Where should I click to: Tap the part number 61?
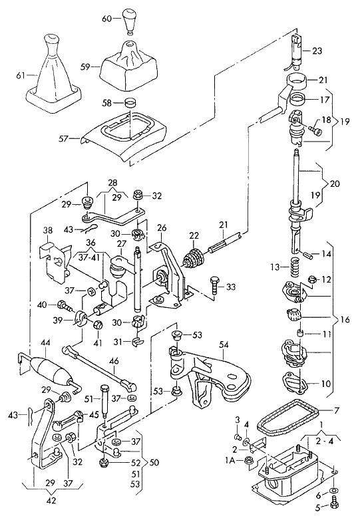(20, 76)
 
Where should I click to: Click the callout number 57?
(63, 138)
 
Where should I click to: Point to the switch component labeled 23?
(296, 51)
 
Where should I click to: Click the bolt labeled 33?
(215, 286)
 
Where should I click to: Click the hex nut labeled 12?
(312, 279)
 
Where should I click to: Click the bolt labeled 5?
(334, 505)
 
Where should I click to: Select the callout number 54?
(224, 344)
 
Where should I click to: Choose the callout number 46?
(114, 361)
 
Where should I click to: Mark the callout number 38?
(49, 230)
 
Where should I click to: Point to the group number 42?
(52, 500)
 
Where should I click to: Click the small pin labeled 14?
(307, 255)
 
